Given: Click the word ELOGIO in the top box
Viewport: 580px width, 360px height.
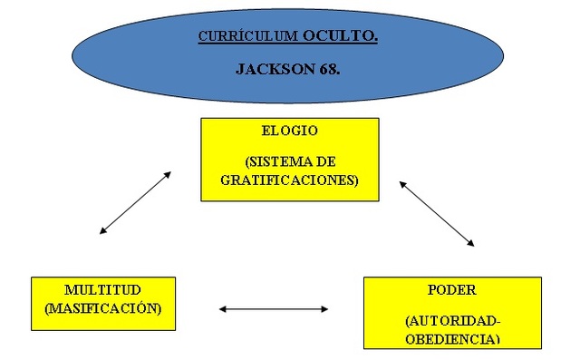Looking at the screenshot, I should click(289, 131).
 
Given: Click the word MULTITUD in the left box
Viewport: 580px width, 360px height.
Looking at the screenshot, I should click(101, 291).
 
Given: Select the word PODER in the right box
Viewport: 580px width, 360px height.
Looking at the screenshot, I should click(451, 290).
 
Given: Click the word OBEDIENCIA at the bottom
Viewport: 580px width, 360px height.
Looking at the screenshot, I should click(451, 339).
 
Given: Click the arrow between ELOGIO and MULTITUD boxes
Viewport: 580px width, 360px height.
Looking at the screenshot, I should click(135, 202).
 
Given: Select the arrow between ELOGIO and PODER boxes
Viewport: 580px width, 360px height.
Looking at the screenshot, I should click(437, 213).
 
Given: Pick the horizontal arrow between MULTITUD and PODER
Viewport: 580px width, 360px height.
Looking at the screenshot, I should click(273, 309).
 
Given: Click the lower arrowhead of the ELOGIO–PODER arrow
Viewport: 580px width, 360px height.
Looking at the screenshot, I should click(470, 243).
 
